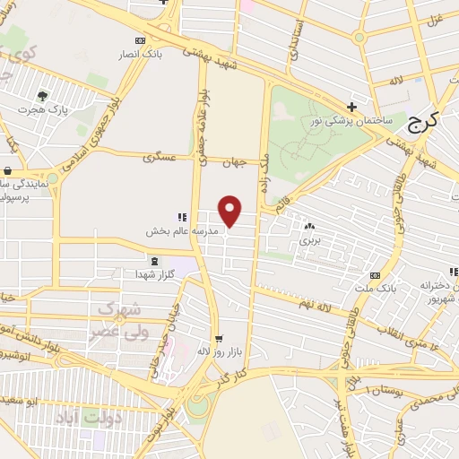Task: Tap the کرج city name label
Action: point(422,124)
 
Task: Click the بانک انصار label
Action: point(144,54)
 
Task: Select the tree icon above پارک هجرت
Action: point(42,95)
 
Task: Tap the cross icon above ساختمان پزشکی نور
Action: point(352,108)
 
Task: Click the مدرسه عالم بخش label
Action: point(176,230)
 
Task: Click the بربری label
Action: point(309,240)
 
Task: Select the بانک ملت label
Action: point(383,289)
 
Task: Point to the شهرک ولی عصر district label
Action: point(117,318)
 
